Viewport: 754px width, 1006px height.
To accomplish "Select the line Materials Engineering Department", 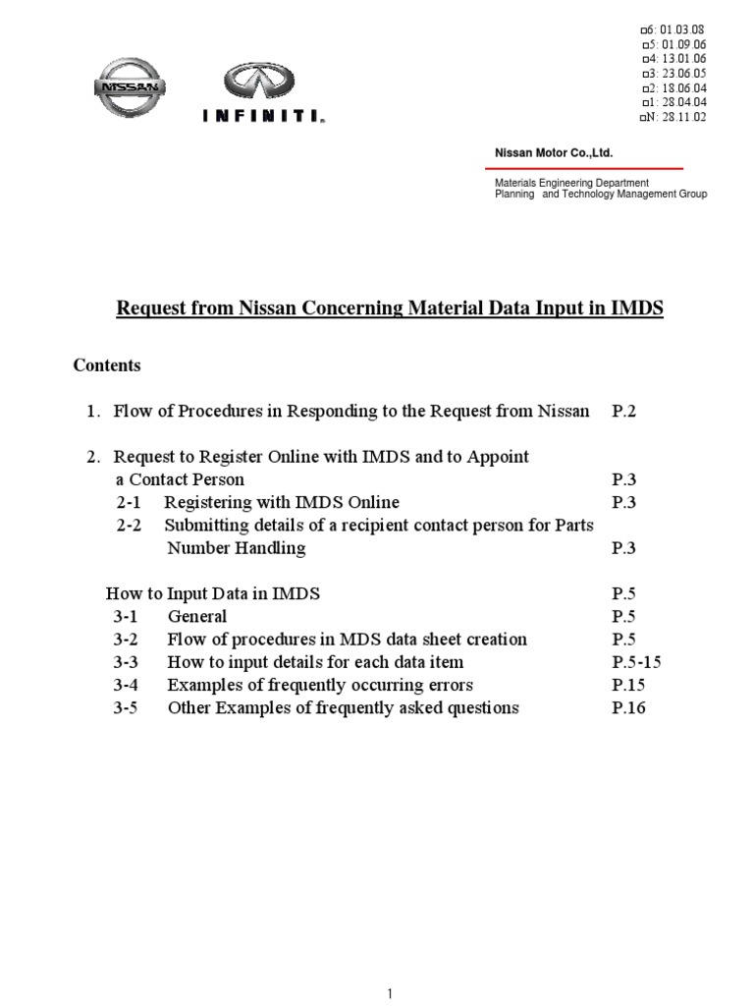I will tap(570, 183).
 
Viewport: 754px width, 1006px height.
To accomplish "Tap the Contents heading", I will tap(107, 365).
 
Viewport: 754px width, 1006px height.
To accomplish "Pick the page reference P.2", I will tap(624, 412).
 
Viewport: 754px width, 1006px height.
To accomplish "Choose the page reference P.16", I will tap(630, 708).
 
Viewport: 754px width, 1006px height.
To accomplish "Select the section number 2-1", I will tap(129, 502).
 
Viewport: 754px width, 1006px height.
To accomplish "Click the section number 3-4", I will tap(129, 685).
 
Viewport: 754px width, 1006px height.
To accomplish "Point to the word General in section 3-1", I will tap(197, 617).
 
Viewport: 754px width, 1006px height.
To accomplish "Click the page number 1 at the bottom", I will tap(390, 995).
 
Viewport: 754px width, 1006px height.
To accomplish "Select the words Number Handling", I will tap(237, 548).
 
